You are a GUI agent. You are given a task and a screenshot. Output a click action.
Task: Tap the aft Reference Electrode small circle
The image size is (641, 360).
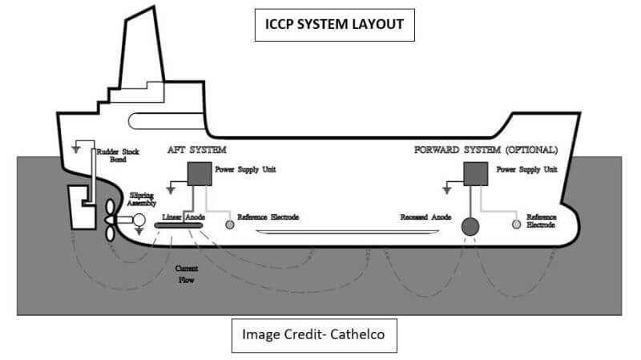(x=230, y=225)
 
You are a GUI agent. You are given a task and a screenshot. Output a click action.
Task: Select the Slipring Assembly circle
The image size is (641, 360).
(x=137, y=220)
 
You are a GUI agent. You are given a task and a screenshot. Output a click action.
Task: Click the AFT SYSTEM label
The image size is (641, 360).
(x=197, y=150)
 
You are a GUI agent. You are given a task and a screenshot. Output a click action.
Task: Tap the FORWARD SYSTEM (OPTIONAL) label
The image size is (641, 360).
(x=486, y=150)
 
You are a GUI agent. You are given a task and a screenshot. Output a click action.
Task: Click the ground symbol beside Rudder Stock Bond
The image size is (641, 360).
(x=77, y=148)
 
